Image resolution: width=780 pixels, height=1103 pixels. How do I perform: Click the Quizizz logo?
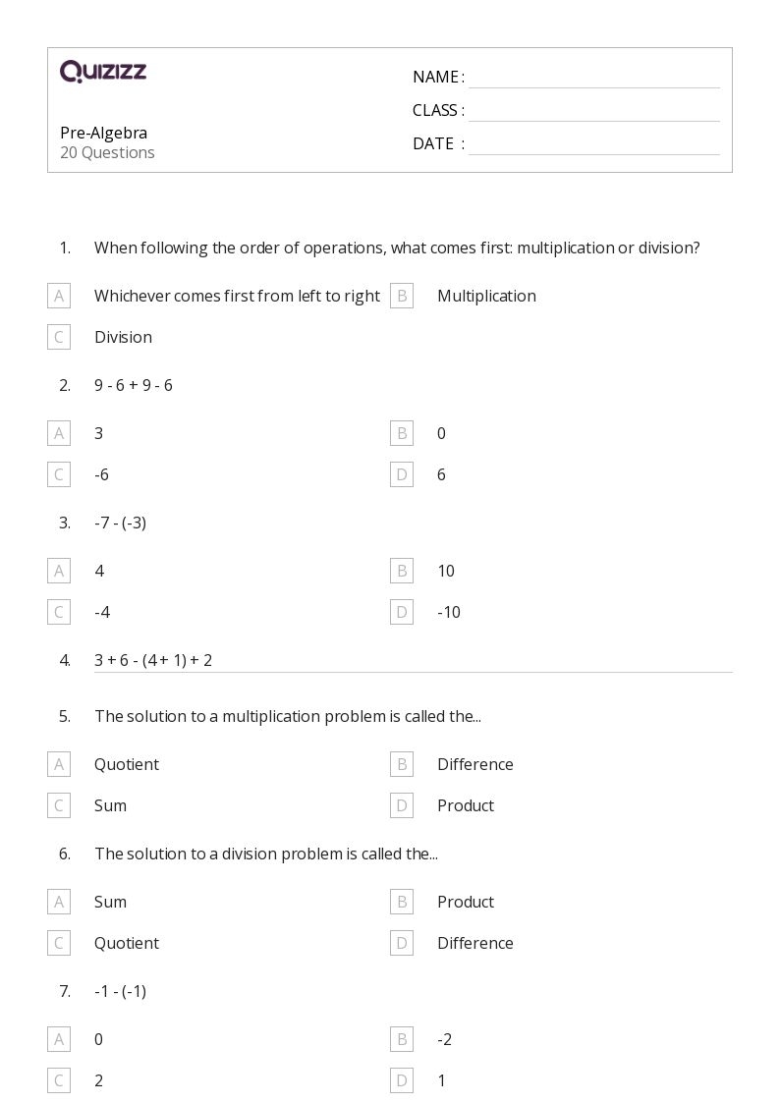[x=103, y=71]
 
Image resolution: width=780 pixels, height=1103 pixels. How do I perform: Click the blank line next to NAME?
[x=593, y=79]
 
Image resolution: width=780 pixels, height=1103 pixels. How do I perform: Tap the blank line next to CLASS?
[x=593, y=112]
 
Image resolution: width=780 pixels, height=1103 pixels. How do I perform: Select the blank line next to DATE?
[x=593, y=145]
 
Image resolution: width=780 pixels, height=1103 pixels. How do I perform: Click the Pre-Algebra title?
[x=103, y=133]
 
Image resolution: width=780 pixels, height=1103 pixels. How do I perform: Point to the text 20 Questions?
[x=107, y=152]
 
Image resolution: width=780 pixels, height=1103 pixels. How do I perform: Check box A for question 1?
[x=59, y=296]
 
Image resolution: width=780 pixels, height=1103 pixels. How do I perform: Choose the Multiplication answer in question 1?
[x=486, y=296]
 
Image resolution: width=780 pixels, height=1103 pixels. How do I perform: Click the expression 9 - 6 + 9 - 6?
[x=134, y=385]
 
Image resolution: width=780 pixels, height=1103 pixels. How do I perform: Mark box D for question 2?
[x=402, y=474]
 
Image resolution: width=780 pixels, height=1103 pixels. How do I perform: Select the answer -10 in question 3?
[x=449, y=612]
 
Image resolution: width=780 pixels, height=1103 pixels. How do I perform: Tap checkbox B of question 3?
[x=402, y=571]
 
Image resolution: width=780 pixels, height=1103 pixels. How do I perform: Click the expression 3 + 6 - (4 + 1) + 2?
[x=153, y=660]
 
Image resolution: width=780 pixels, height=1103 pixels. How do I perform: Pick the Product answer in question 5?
[x=466, y=805]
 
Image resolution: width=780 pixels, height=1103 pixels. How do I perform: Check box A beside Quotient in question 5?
[x=59, y=764]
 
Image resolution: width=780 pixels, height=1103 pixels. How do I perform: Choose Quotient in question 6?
[x=127, y=943]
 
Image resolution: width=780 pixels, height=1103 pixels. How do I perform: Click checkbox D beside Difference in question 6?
[x=402, y=943]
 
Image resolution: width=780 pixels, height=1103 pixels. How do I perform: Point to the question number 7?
[x=65, y=991]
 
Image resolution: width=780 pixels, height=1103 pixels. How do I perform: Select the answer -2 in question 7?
[x=444, y=1039]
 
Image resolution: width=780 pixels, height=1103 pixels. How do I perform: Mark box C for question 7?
[x=59, y=1080]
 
